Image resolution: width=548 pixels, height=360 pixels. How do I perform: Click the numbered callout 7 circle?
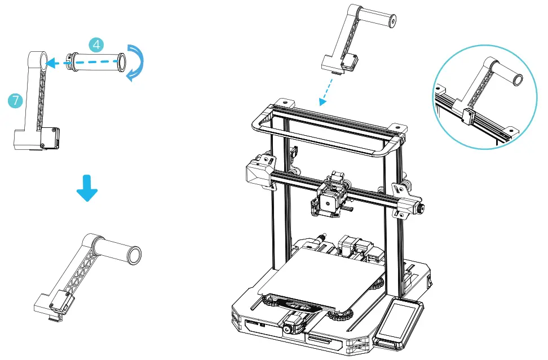(15, 101)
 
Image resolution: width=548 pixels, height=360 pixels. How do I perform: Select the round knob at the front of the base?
(290, 327)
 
